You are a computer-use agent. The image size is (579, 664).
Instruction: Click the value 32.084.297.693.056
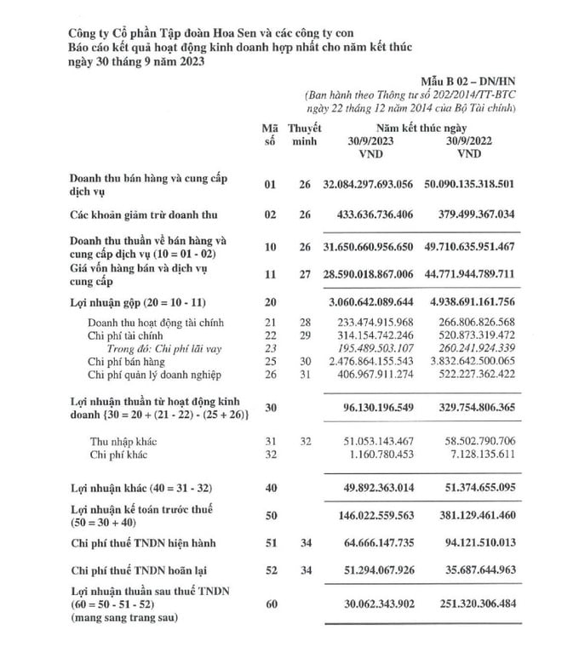pyautogui.click(x=368, y=184)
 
